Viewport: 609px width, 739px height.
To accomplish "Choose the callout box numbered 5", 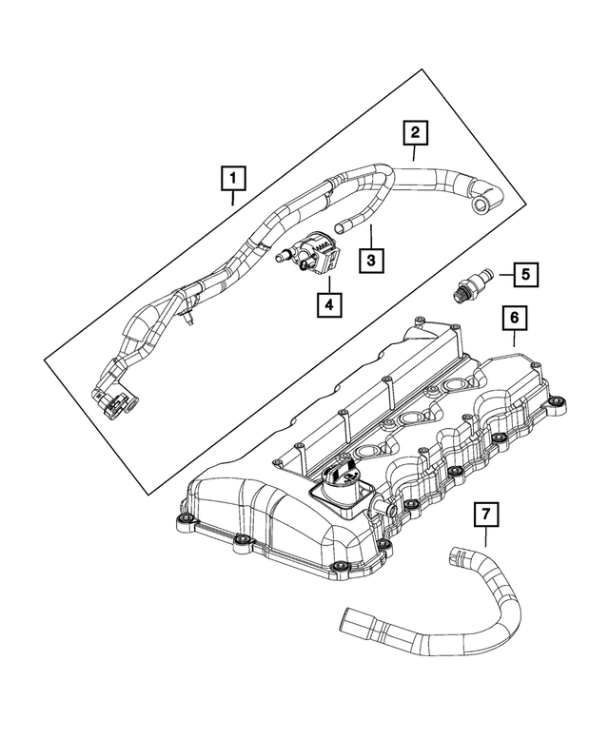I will click(525, 274).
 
